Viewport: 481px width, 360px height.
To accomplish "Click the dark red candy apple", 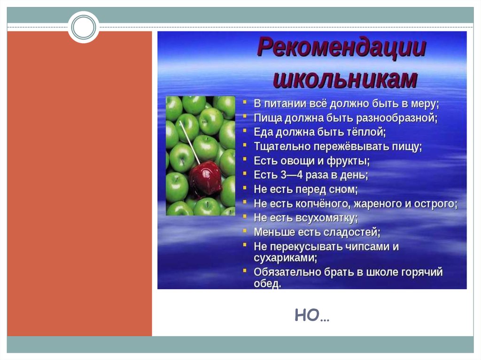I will pyautogui.click(x=205, y=177).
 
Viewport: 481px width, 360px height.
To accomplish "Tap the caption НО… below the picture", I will pyautogui.click(x=312, y=316).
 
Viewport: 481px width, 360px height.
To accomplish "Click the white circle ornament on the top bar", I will pyautogui.click(x=84, y=27).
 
